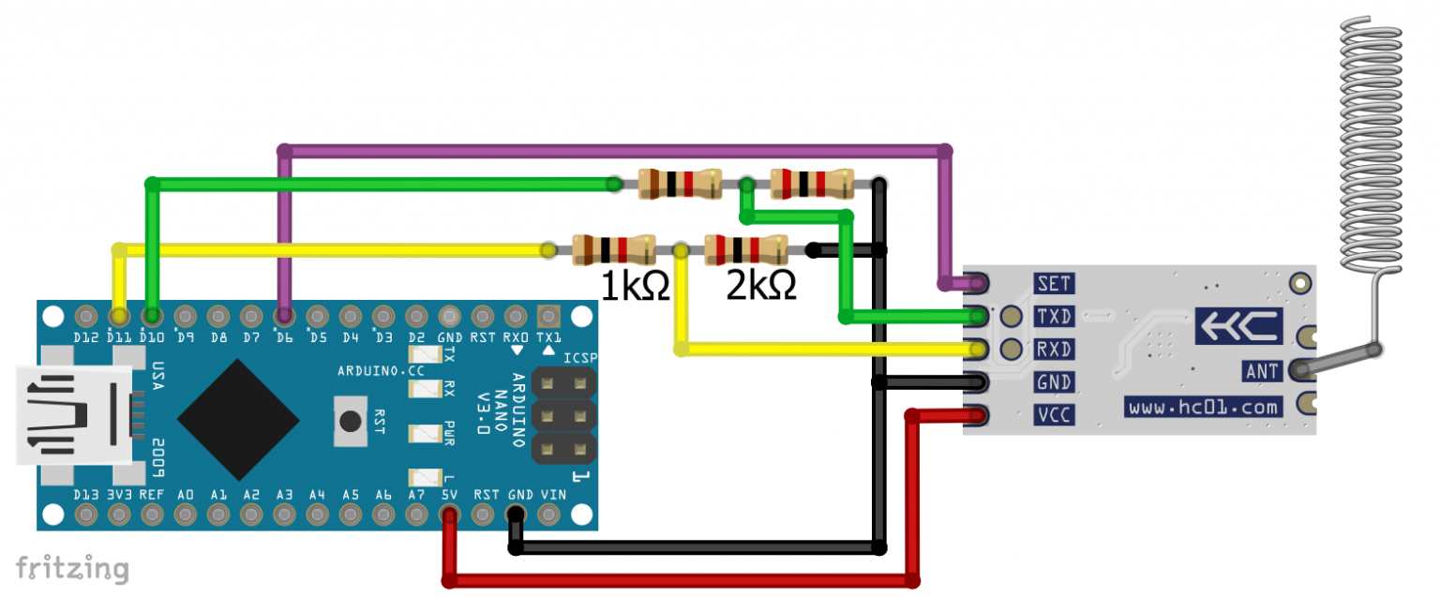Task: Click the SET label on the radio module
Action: pyautogui.click(x=1054, y=282)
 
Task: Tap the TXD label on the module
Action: pyautogui.click(x=1054, y=316)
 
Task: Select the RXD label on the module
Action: pyautogui.click(x=1054, y=349)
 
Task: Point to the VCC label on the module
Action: pyautogui.click(x=1054, y=415)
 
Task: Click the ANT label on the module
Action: pyautogui.click(x=1262, y=371)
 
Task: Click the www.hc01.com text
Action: pyautogui.click(x=1204, y=407)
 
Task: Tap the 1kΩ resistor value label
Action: pyautogui.click(x=635, y=285)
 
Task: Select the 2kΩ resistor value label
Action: pyautogui.click(x=760, y=285)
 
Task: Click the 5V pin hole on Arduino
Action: pyautogui.click(x=449, y=515)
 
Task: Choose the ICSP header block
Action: pyautogui.click(x=564, y=415)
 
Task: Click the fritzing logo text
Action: pyautogui.click(x=71, y=568)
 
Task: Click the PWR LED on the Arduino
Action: pyautogui.click(x=426, y=434)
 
